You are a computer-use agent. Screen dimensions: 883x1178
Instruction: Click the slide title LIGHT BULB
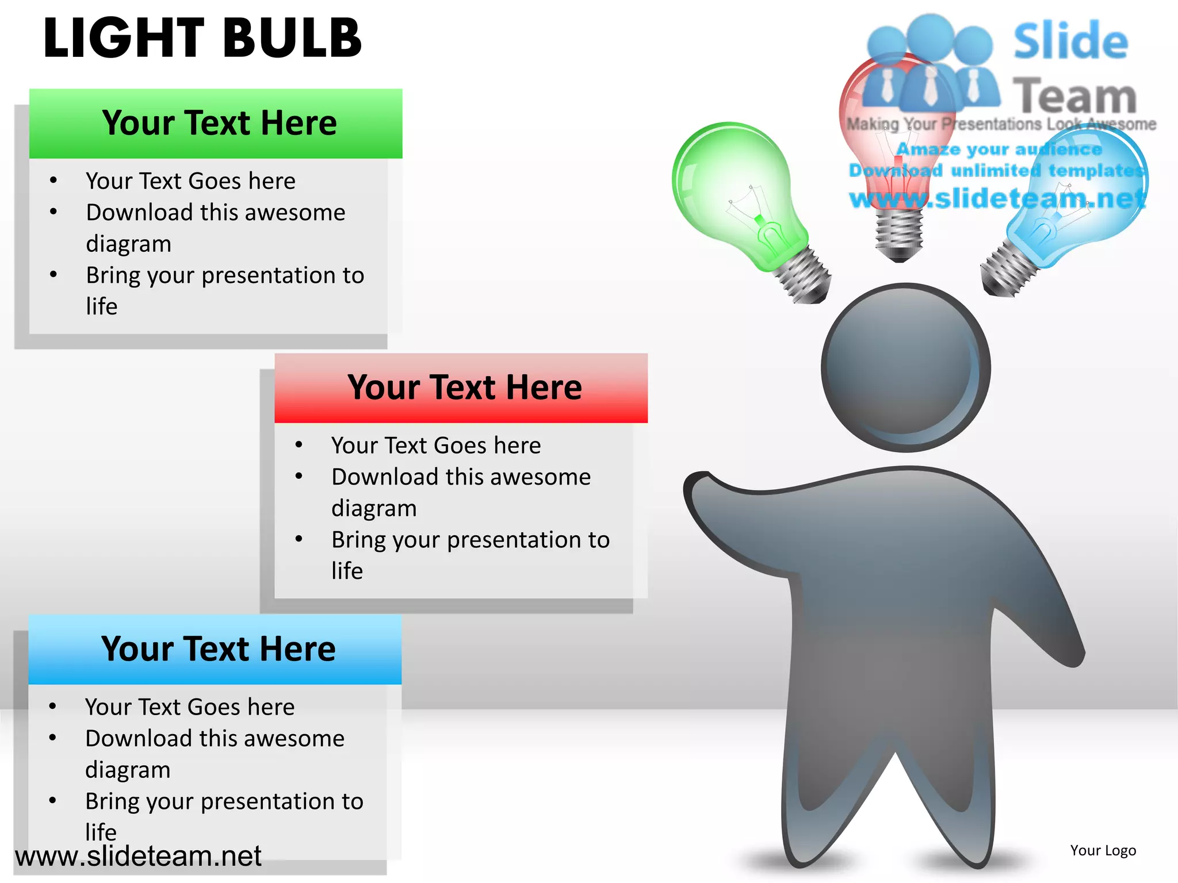(202, 38)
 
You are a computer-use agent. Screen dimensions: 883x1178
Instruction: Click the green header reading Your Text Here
(219, 123)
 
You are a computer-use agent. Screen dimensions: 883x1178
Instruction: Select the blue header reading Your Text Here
(217, 649)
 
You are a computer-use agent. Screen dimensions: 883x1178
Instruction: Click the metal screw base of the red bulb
(899, 236)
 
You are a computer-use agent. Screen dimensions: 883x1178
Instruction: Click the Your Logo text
(1103, 850)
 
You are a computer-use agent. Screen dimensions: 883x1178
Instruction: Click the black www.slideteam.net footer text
(138, 856)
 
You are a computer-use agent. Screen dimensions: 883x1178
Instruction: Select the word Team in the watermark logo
(1074, 96)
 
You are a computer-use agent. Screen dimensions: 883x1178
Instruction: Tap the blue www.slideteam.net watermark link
(998, 198)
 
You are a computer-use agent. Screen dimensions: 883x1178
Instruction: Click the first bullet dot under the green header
(53, 180)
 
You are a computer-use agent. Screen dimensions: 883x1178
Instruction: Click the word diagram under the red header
(374, 508)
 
